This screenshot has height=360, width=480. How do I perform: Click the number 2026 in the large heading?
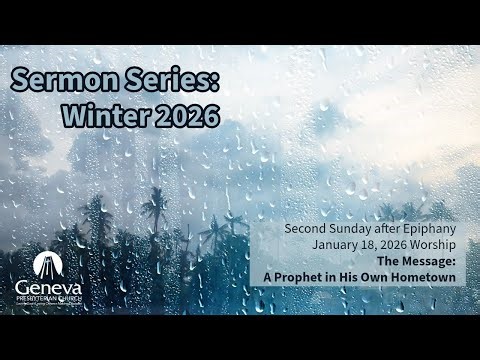click(183, 115)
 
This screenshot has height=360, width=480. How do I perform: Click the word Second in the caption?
click(307, 228)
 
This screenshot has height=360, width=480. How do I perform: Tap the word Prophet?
click(310, 276)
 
